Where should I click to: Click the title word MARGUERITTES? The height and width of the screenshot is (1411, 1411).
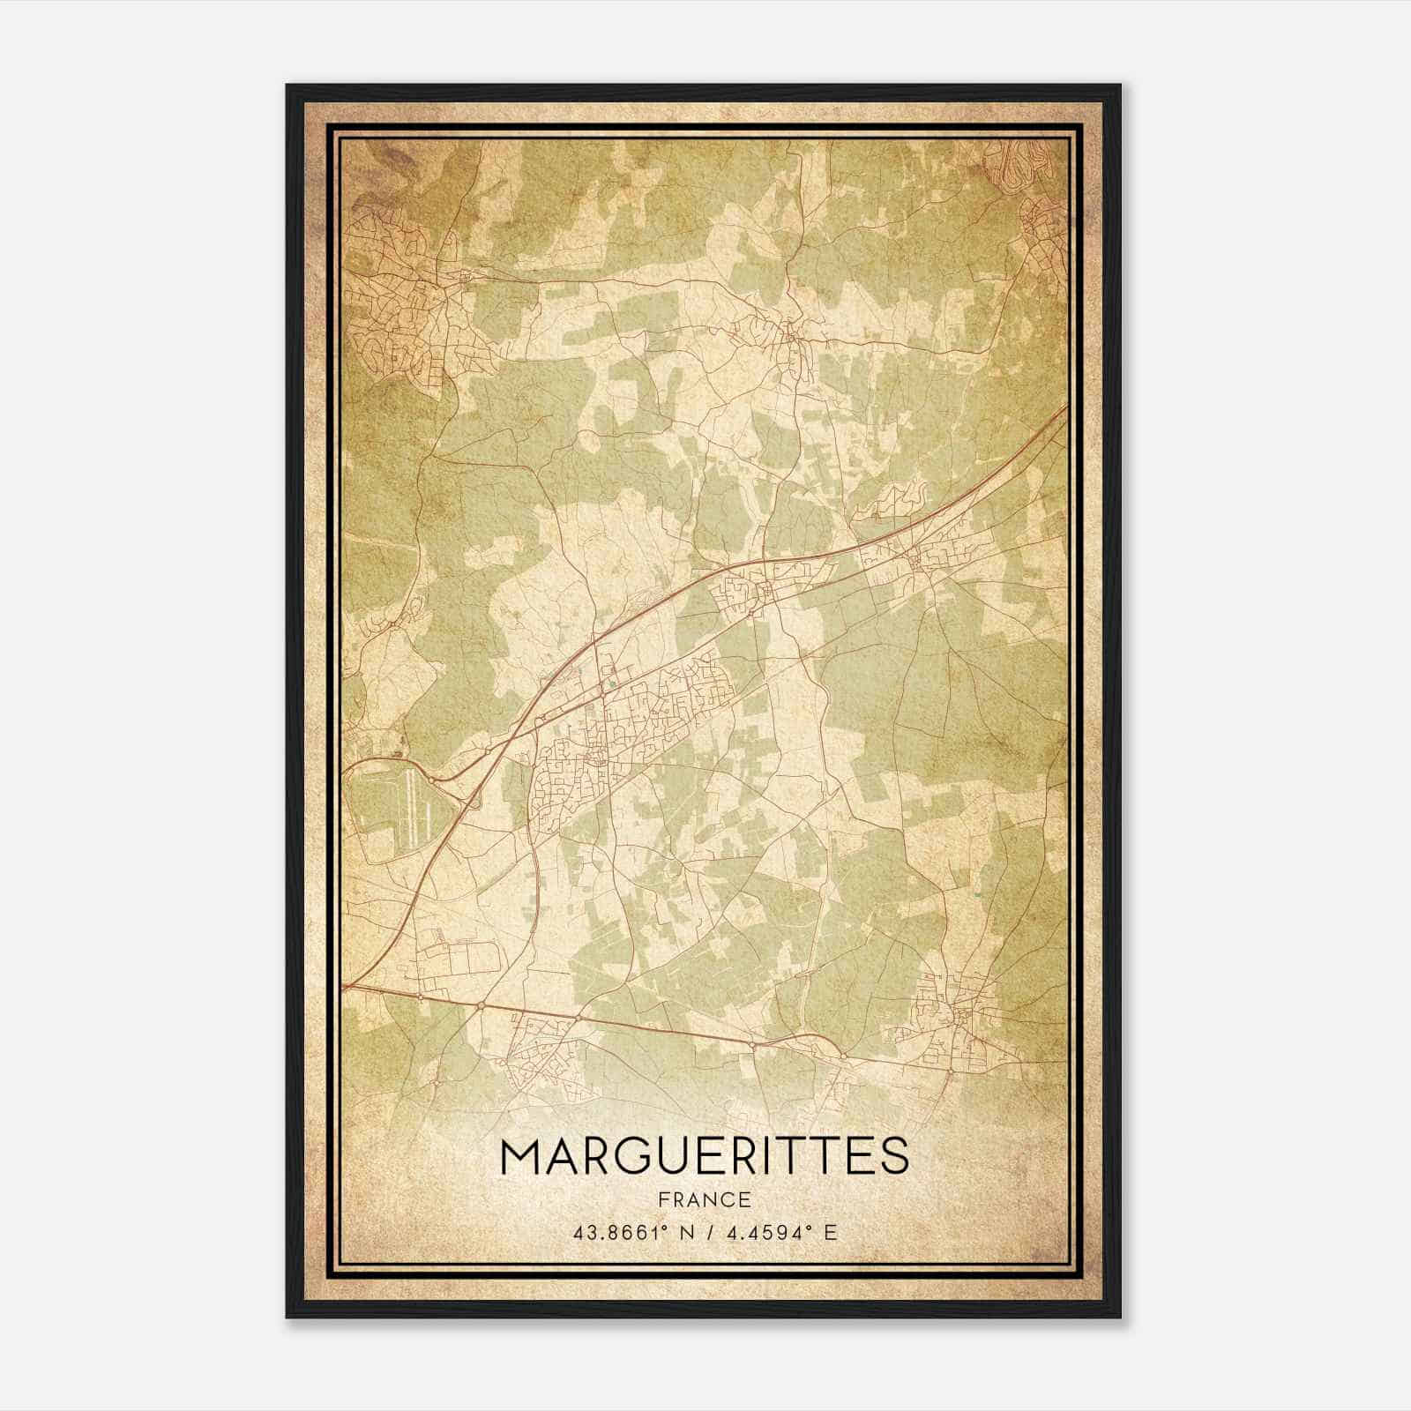point(705,1156)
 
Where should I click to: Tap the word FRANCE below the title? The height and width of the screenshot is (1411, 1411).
point(705,1199)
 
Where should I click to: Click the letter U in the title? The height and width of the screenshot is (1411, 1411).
point(671,1156)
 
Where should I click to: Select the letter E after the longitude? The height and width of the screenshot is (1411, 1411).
point(829,1233)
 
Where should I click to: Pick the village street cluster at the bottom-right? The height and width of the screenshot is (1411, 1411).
point(961,1014)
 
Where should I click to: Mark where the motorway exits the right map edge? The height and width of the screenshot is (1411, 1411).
point(1065,407)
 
